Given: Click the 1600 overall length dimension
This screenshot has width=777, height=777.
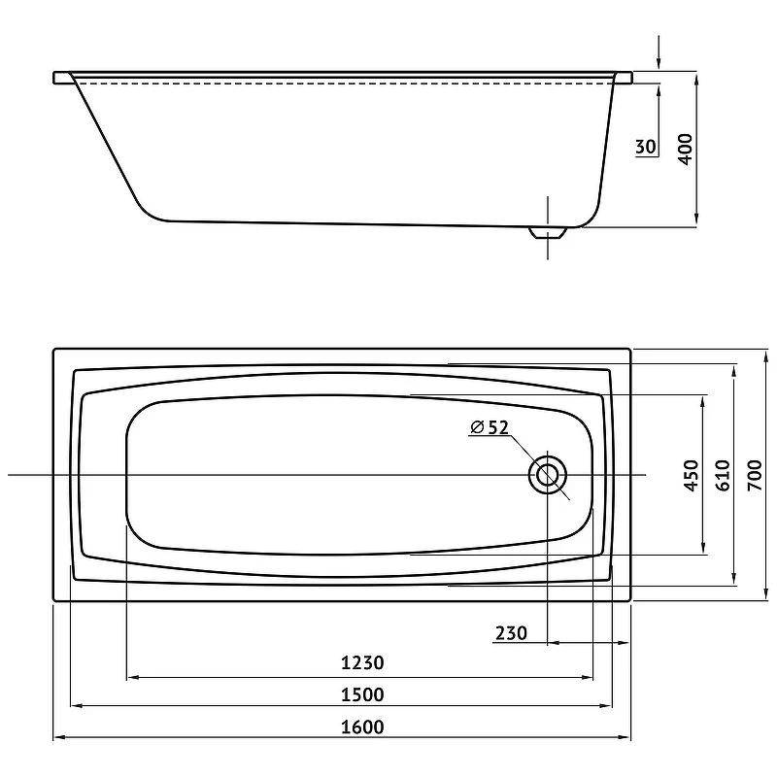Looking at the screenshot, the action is coord(362,726).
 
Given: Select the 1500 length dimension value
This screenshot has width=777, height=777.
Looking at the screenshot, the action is coord(362,694).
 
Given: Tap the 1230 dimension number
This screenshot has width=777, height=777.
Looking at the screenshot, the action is coord(362,662).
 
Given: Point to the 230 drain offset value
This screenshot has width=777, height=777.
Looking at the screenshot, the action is coord(512,633).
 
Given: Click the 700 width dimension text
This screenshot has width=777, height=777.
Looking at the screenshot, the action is coord(755,475).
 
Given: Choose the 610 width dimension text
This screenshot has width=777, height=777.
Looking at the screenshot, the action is coord(724,475).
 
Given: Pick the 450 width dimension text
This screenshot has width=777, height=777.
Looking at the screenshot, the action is coord(692,476).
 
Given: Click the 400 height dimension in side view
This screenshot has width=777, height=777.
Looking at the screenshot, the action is coord(685,150).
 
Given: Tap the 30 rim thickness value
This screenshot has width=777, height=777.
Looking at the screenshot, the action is coord(646,147).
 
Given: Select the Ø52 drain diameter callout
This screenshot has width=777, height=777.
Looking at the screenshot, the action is coord(490,427).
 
